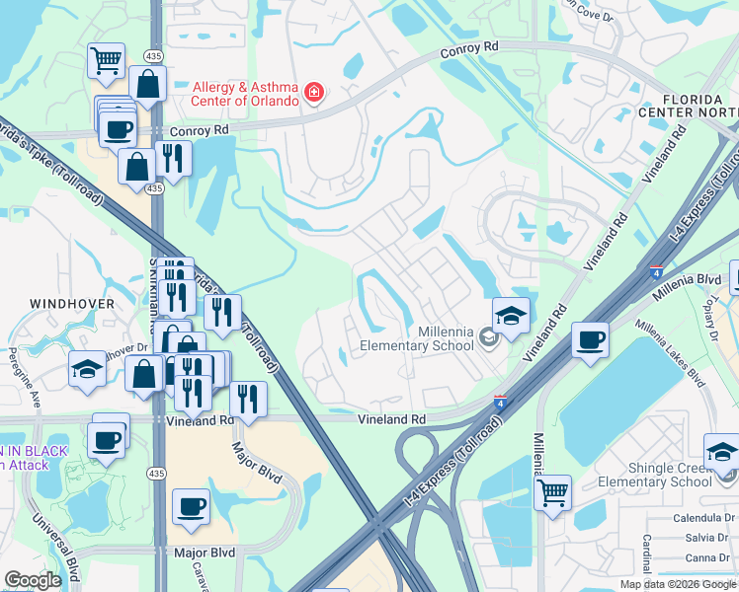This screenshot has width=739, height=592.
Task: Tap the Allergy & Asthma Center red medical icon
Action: [314, 94]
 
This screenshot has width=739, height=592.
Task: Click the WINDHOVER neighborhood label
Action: [71, 304]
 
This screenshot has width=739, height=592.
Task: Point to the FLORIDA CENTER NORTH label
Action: [699, 107]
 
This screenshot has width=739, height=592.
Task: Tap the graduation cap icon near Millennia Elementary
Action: [511, 316]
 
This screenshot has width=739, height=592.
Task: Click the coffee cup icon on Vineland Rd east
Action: [590, 339]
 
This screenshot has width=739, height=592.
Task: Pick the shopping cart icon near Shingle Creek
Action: [552, 490]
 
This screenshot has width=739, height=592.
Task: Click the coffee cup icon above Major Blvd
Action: [191, 507]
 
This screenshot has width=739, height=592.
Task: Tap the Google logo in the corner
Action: [33, 580]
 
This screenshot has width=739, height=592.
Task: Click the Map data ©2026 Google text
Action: [678, 583]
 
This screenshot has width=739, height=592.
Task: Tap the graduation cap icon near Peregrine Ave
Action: [87, 369]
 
